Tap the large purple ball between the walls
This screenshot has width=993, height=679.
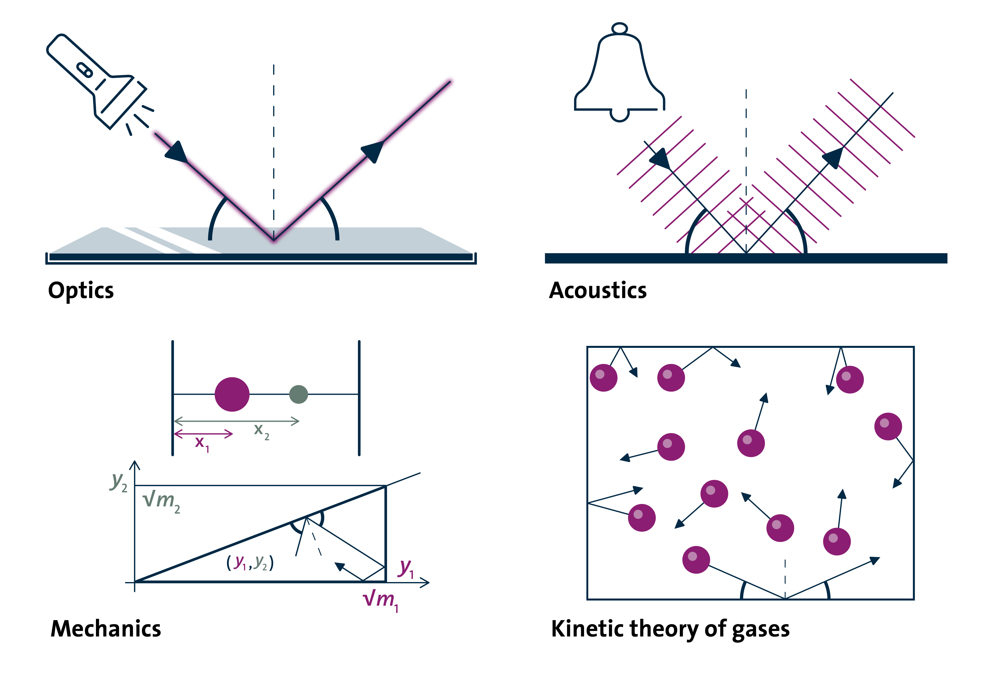[x=232, y=394]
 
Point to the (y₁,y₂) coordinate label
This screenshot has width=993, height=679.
[x=250, y=563]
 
